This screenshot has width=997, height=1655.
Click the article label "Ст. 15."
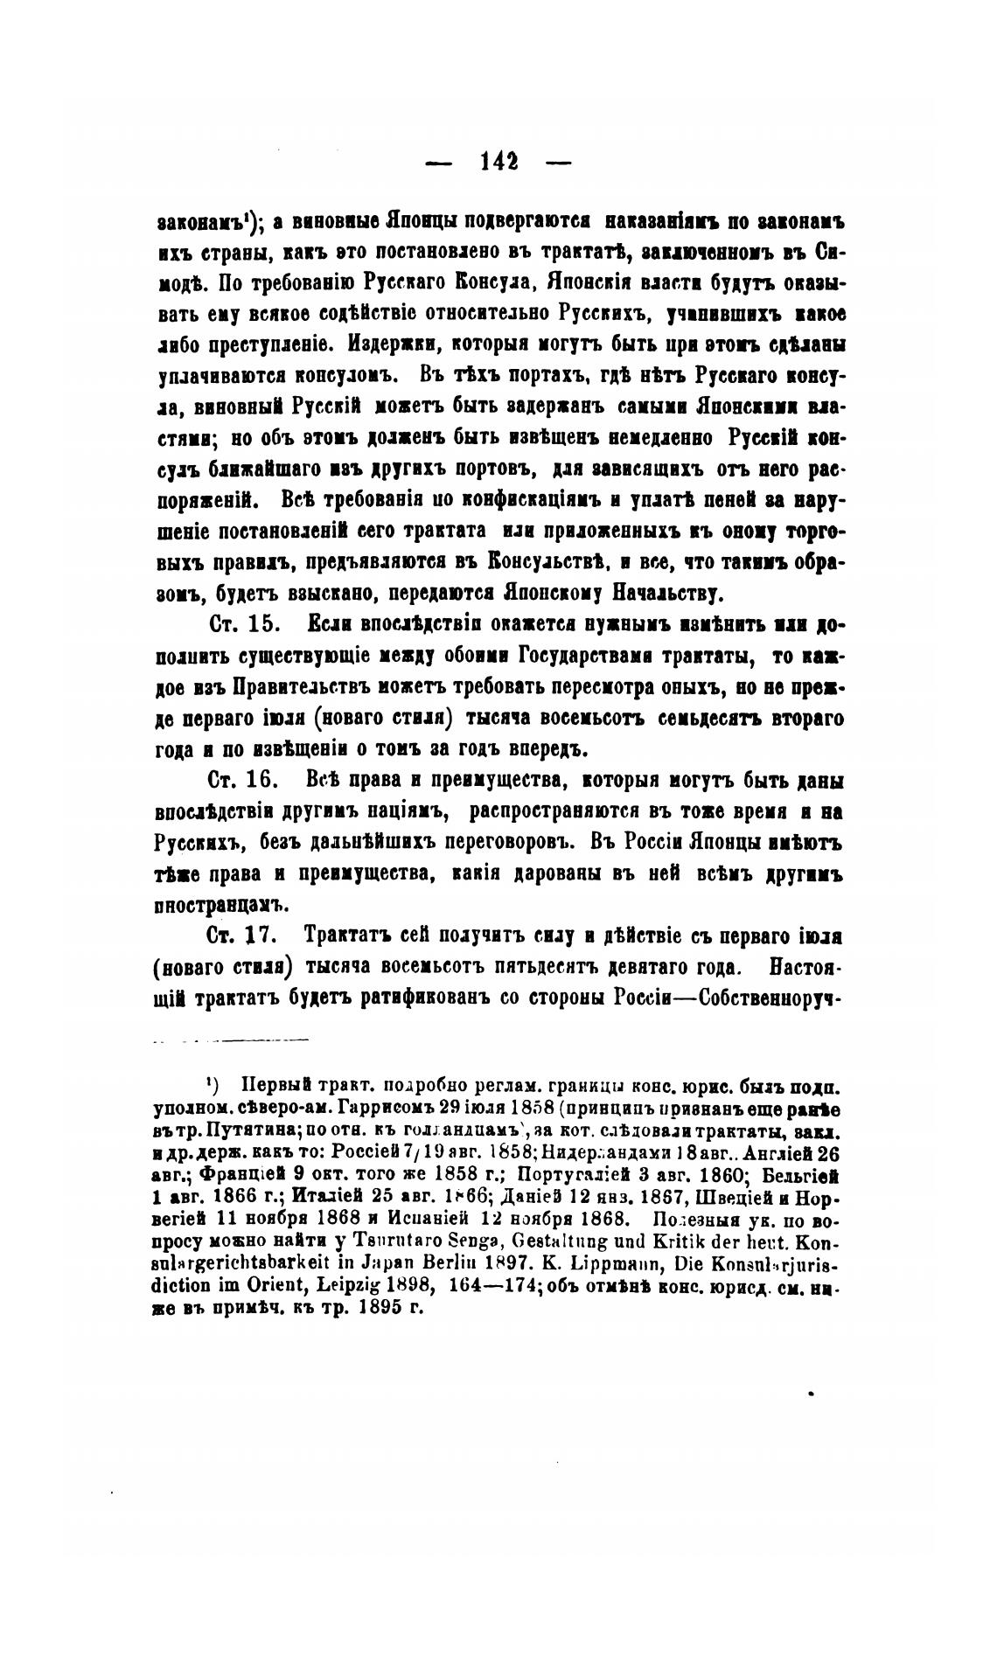[x=243, y=626]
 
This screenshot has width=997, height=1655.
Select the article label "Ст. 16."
[x=243, y=780]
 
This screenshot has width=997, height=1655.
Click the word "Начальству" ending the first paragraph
[x=666, y=595]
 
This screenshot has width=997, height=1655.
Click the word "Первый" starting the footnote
[x=273, y=1086]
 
